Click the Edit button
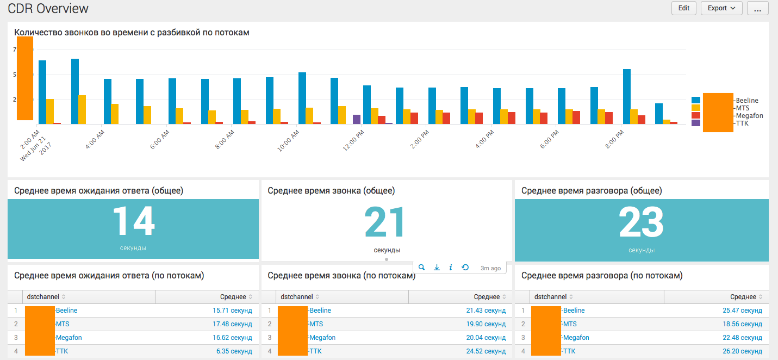click(683, 8)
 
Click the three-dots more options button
click(757, 8)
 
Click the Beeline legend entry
click(746, 101)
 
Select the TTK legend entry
click(742, 123)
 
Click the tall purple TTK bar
click(357, 120)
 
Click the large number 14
click(133, 222)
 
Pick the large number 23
click(641, 222)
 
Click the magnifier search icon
click(422, 268)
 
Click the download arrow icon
click(437, 268)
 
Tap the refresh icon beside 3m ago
click(465, 268)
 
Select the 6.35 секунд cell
click(234, 351)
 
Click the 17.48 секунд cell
click(232, 324)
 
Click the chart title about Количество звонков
click(132, 33)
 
